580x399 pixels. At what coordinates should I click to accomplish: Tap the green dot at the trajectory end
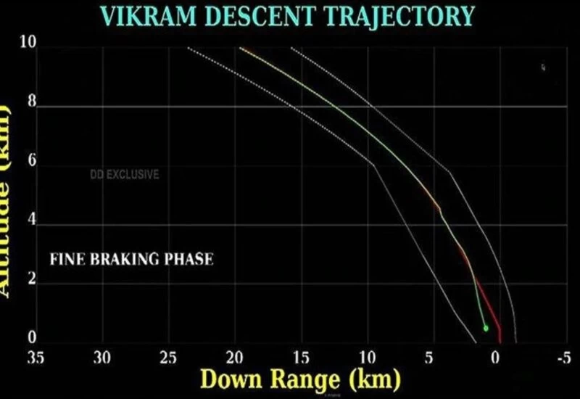485,328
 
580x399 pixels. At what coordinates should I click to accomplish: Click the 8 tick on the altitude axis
32,104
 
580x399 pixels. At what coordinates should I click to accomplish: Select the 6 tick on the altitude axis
32,163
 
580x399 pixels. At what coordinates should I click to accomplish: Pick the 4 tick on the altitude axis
32,222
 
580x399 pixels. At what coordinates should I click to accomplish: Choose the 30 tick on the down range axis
102,357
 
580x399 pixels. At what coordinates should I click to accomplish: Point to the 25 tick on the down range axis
168,357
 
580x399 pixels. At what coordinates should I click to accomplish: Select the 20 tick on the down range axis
234,357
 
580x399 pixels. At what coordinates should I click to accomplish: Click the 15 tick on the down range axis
300,357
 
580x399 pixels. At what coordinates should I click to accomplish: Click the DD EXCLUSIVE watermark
124,175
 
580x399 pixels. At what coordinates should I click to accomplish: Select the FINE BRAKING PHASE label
131,258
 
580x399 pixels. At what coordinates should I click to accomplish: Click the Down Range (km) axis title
299,380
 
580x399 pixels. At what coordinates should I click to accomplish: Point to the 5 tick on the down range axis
429,357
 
